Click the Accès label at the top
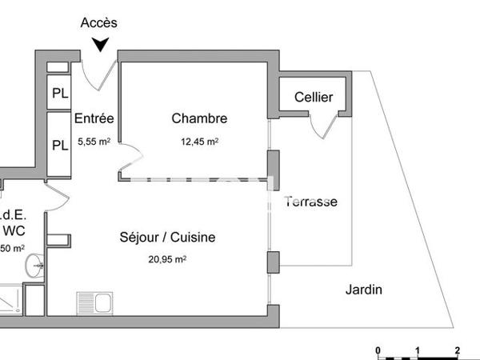(x=100, y=22)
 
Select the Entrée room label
(x=94, y=119)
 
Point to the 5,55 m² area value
(x=94, y=141)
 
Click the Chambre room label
(x=199, y=119)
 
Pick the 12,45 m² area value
(x=199, y=141)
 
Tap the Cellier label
(x=314, y=98)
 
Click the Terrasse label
(x=311, y=202)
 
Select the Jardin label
(x=364, y=290)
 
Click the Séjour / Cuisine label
(x=167, y=238)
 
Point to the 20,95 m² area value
(x=167, y=259)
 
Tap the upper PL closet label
(x=60, y=93)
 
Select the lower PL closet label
(x=60, y=146)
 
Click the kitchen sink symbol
(x=95, y=303)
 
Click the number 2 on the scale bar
(x=456, y=350)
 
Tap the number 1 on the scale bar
(x=417, y=350)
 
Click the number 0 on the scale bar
(x=378, y=350)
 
